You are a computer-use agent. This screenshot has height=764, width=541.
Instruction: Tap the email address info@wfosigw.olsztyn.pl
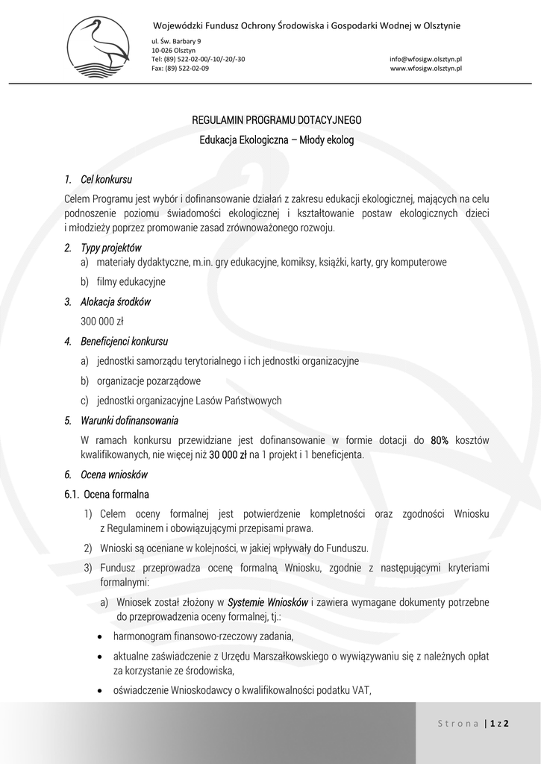click(425, 58)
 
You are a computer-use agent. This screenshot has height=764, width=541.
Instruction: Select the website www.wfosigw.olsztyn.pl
click(425, 68)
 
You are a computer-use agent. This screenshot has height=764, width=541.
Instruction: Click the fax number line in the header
click(180, 68)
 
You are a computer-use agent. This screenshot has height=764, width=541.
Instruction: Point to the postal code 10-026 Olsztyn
click(169, 49)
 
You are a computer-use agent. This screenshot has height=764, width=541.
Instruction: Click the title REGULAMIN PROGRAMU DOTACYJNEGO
click(277, 119)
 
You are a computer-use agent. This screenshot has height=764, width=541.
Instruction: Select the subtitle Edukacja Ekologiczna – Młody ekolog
click(277, 140)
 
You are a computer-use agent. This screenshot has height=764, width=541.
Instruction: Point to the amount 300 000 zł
click(101, 322)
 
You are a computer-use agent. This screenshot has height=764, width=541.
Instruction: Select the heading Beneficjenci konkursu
click(124, 342)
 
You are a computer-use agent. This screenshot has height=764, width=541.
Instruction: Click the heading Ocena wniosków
click(113, 475)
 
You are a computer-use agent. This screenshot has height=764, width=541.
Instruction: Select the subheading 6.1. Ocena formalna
click(107, 494)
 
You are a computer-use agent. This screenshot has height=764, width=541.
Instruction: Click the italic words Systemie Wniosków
click(268, 602)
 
